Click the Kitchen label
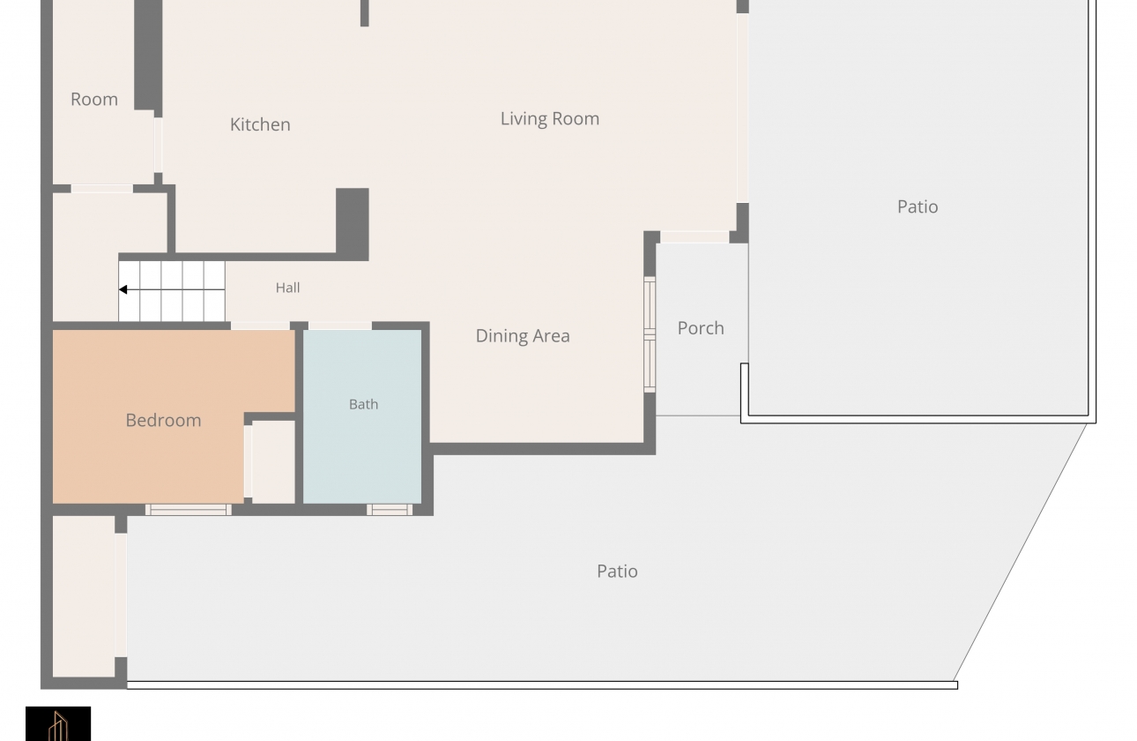tap(260, 124)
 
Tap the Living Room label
tap(550, 119)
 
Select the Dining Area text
tap(523, 336)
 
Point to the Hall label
tap(288, 288)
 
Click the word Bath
tap(363, 404)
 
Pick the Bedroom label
tap(163, 421)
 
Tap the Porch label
tap(701, 328)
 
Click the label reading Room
tap(94, 99)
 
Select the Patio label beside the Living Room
tap(918, 206)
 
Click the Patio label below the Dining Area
tap(617, 572)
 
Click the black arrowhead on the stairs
tap(123, 289)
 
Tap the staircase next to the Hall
tap(172, 291)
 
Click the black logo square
tap(58, 723)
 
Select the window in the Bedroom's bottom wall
tap(189, 510)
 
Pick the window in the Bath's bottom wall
tap(390, 510)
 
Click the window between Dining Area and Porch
tap(650, 334)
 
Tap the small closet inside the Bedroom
tap(273, 462)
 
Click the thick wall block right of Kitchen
tap(353, 224)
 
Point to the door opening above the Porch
tap(695, 237)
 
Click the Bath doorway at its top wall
tap(340, 326)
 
